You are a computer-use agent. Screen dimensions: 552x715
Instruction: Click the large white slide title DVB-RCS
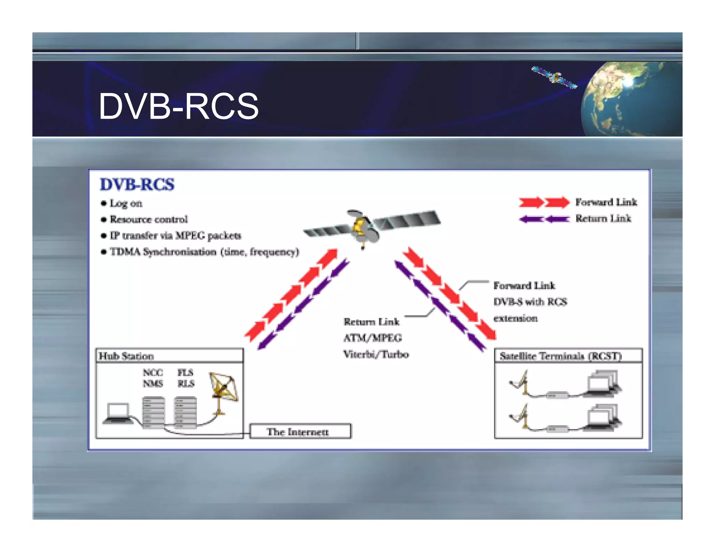pyautogui.click(x=178, y=106)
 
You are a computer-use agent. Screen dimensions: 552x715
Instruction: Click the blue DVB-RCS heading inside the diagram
pyautogui.click(x=137, y=184)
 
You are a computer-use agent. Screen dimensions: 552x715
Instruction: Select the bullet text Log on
pyautogui.click(x=126, y=203)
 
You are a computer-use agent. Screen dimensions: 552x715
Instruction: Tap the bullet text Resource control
pyautogui.click(x=149, y=219)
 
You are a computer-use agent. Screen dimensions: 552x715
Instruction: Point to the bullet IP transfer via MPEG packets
pyautogui.click(x=175, y=236)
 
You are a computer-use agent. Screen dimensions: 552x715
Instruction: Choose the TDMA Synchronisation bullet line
pyautogui.click(x=204, y=252)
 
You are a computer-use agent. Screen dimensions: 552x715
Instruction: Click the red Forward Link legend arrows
pyautogui.click(x=544, y=202)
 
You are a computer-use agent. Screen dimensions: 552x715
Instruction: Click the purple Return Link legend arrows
pyautogui.click(x=544, y=219)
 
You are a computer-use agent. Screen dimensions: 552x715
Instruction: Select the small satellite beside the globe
pyautogui.click(x=554, y=77)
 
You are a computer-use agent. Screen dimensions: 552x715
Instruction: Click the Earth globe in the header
pyautogui.click(x=632, y=99)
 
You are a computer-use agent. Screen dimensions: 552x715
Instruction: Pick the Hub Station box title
pyautogui.click(x=126, y=356)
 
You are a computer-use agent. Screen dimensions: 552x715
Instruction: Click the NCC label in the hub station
pyautogui.click(x=153, y=372)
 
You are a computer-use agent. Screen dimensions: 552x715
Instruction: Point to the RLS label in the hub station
pyautogui.click(x=186, y=383)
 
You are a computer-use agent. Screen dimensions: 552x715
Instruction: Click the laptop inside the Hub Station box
pyautogui.click(x=118, y=413)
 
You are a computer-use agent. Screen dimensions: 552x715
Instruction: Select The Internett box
pyautogui.click(x=300, y=432)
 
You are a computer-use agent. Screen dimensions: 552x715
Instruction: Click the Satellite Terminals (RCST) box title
pyautogui.click(x=561, y=356)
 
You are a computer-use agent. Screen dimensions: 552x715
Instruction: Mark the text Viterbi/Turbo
pyautogui.click(x=376, y=354)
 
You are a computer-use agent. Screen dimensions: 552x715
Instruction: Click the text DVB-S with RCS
pyautogui.click(x=530, y=302)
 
